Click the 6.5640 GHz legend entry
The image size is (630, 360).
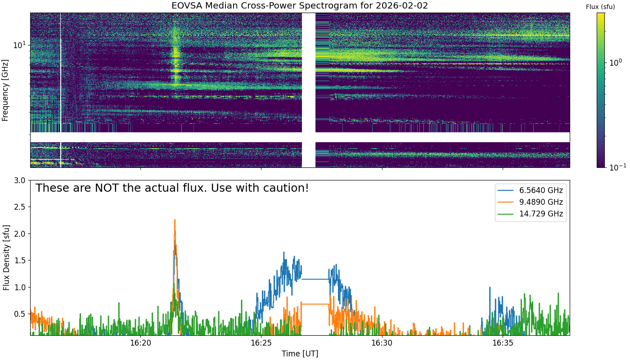pyautogui.click(x=530, y=190)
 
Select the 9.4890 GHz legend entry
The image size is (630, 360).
pyautogui.click(x=530, y=202)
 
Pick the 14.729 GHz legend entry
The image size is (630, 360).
pyautogui.click(x=530, y=214)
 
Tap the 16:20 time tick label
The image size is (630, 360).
pyautogui.click(x=140, y=343)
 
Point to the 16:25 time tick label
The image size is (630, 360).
pyautogui.click(x=261, y=343)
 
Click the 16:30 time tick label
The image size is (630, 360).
pyautogui.click(x=382, y=343)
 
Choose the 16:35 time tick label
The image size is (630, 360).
pyautogui.click(x=503, y=343)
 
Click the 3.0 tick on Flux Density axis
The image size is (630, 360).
pyautogui.click(x=19, y=180)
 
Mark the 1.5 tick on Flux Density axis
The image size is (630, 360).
pyautogui.click(x=19, y=261)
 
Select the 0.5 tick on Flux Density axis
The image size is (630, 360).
pyautogui.click(x=19, y=314)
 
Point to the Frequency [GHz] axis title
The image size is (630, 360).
pyautogui.click(x=5, y=90)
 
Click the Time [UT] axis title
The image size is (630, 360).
pyautogui.click(x=300, y=354)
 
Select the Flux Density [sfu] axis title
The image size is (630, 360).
pyautogui.click(x=6, y=257)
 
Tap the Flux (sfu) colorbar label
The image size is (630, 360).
pyautogui.click(x=600, y=7)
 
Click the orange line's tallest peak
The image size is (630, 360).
pyautogui.click(x=175, y=220)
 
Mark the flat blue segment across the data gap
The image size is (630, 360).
pyautogui.click(x=315, y=279)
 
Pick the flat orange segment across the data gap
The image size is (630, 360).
pyautogui.click(x=315, y=304)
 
